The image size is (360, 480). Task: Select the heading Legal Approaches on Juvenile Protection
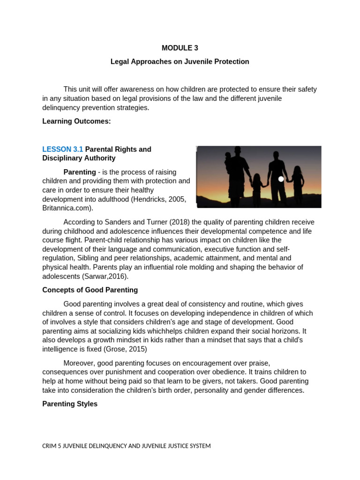tap(180, 61)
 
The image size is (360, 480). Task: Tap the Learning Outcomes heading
tap(76, 121)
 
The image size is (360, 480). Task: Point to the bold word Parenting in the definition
tap(80, 172)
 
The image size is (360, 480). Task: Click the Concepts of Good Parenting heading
tap(90, 290)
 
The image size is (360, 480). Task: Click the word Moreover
tap(80, 363)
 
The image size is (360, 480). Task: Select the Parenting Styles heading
tap(70, 404)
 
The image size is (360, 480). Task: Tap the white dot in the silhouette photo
tap(281, 179)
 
